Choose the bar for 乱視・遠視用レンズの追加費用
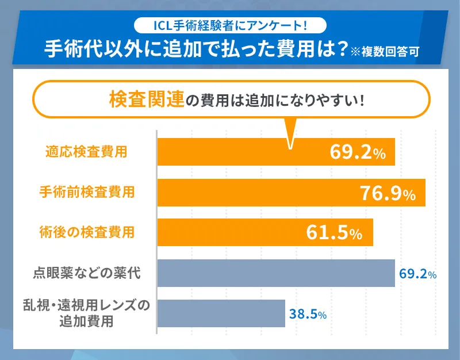click(221, 313)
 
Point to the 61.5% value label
click(334, 233)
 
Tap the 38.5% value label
click(308, 315)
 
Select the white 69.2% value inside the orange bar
click(357, 152)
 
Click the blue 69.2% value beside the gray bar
click(417, 274)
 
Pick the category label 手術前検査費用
click(87, 192)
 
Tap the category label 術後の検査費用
click(87, 232)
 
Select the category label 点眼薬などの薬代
click(87, 273)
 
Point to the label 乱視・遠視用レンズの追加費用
click(87, 313)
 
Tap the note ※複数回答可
click(386, 50)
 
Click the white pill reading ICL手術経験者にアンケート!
click(230, 25)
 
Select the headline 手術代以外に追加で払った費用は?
click(196, 49)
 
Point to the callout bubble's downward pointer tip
click(290, 146)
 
